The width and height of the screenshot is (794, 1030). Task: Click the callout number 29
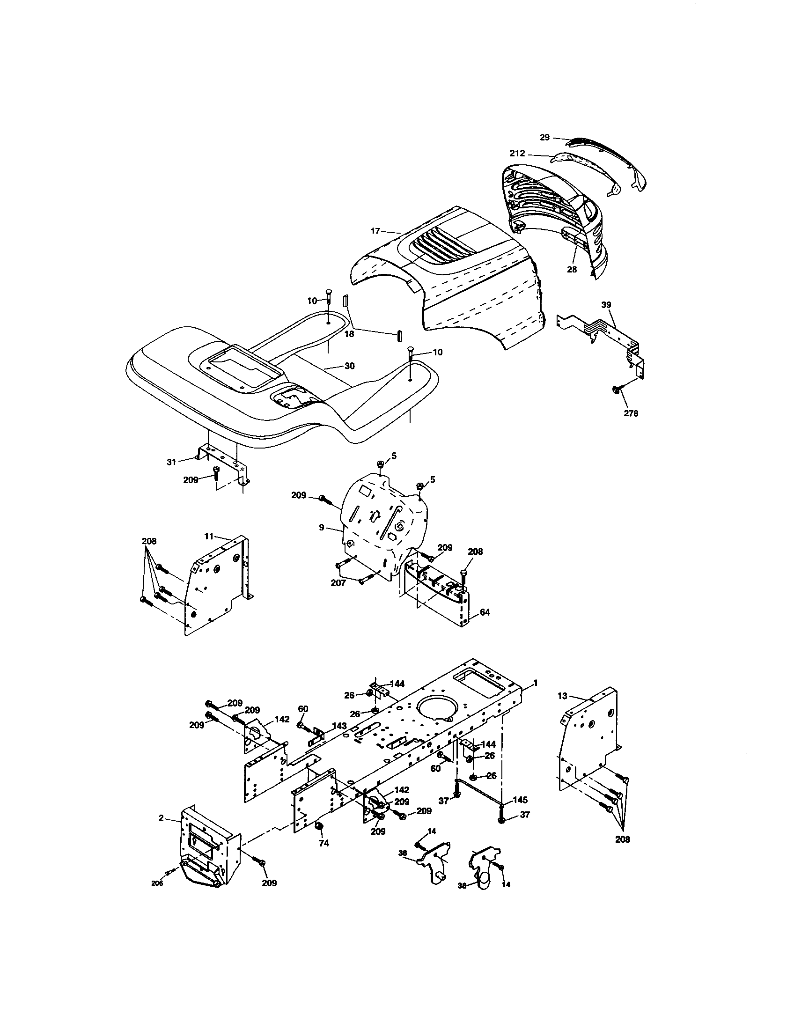pos(544,137)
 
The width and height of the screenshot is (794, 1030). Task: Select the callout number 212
pos(517,153)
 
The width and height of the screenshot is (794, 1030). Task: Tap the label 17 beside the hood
pos(375,231)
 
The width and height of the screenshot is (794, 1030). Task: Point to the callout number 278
pos(631,413)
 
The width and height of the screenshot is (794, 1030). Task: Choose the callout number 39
pos(606,305)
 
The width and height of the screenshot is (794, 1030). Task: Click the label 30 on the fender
pos(349,366)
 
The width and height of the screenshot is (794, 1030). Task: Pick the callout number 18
pos(349,333)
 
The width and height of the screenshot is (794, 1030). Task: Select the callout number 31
pos(171,462)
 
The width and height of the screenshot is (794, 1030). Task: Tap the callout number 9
pos(322,527)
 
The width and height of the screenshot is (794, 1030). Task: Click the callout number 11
pos(209,536)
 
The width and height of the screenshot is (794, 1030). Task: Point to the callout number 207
pos(339,583)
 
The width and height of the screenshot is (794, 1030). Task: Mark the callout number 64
pos(485,612)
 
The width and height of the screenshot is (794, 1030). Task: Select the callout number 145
pos(520,800)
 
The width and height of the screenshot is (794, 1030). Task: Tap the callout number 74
pos(323,844)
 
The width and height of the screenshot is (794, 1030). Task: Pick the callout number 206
pos(157,883)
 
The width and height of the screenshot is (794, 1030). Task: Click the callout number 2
pos(161,818)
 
